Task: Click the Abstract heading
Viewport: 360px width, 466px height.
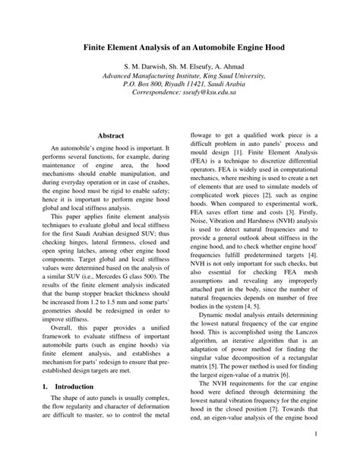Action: (111, 135)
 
